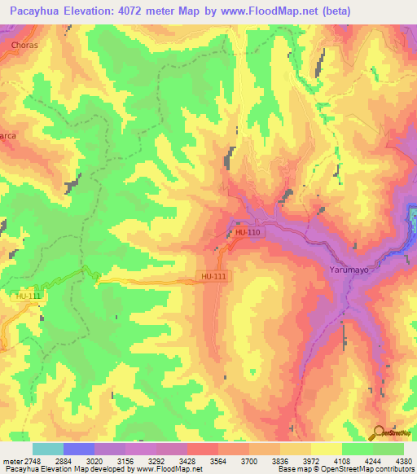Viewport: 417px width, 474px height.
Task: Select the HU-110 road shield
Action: pos(248,233)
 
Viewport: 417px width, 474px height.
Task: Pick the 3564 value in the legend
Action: pos(217,460)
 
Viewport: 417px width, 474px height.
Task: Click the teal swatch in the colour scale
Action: pos(48,449)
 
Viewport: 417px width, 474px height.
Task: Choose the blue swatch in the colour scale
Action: pos(79,449)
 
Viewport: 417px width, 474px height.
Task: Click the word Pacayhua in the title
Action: pos(33,10)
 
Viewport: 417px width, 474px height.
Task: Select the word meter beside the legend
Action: pos(11,460)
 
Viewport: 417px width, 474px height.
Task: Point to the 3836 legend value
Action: pos(279,460)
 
